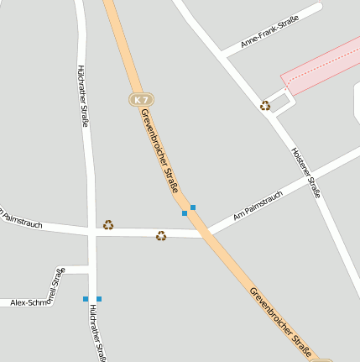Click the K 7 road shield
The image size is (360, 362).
[140, 100]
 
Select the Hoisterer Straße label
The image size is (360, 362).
[306, 172]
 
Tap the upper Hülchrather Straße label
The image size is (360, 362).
[84, 93]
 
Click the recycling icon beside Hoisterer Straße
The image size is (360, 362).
[265, 105]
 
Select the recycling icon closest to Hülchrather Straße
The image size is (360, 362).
[108, 224]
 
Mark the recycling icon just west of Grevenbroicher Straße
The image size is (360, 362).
[161, 236]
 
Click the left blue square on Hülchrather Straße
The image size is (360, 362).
[86, 298]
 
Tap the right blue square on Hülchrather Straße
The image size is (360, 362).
[99, 298]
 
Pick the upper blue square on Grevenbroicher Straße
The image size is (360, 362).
[193, 207]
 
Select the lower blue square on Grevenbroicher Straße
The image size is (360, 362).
[185, 213]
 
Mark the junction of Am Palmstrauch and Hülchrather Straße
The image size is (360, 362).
[91, 230]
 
